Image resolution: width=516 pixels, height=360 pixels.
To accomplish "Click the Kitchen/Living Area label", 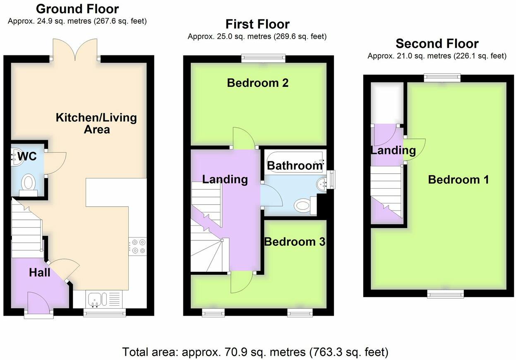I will tap(96, 123).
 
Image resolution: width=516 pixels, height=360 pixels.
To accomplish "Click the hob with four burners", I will tap(137, 245).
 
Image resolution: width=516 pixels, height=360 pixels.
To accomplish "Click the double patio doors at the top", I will tap(75, 50).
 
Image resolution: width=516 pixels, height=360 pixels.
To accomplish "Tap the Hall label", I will tap(40, 272).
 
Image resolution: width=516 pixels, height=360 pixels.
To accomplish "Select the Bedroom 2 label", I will tap(257, 83).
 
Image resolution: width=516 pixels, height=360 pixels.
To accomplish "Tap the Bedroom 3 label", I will tap(295, 242).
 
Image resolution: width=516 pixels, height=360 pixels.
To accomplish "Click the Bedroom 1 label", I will tap(458, 180).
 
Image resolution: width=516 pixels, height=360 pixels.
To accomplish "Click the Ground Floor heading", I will tap(77, 9).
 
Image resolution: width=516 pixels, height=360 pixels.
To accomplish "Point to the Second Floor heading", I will tap(437, 43).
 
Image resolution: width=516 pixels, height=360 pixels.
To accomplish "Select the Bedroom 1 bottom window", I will tap(446, 294).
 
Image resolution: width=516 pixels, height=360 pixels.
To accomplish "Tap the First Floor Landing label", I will tap(225, 179).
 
